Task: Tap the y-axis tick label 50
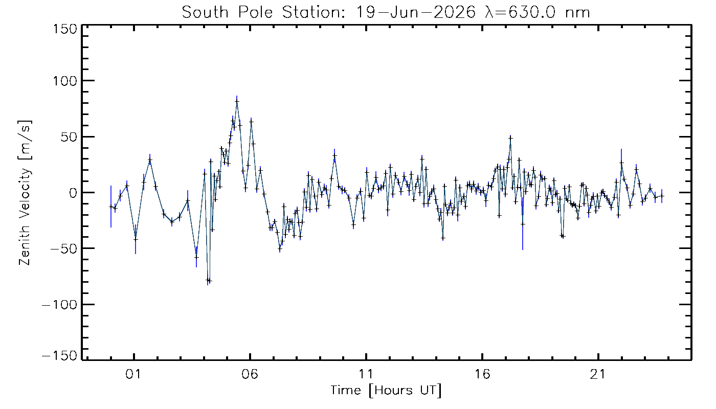[69, 137]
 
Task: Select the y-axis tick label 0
[73, 193]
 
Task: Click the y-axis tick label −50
[64, 248]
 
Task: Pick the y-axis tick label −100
[60, 305]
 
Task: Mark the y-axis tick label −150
[60, 356]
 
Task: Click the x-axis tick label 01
[133, 374]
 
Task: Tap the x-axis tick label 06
[250, 374]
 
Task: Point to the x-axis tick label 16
[482, 374]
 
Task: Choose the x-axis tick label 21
[597, 374]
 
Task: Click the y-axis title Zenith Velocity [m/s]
[25, 193]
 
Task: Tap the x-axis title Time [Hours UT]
[386, 391]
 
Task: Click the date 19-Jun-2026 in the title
[416, 13]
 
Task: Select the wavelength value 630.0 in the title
[532, 13]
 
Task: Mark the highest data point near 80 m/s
[237, 101]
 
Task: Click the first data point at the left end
[111, 207]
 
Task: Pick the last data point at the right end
[662, 196]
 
